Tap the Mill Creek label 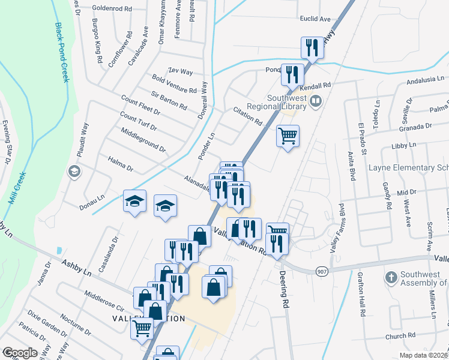(x=19, y=188)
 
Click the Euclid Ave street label (x=316, y=19)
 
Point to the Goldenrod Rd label (x=112, y=9)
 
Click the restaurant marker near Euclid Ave (x=312, y=48)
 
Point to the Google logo (x=20, y=353)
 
